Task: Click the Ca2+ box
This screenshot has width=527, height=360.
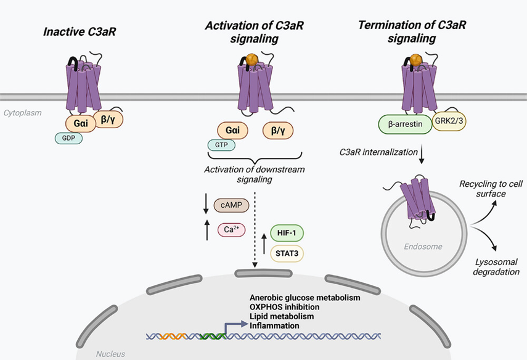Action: tap(231, 229)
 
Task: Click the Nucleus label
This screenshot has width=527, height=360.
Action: tap(110, 354)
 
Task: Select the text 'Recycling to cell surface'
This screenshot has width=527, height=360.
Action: tap(492, 189)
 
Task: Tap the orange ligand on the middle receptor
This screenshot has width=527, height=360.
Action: tap(251, 60)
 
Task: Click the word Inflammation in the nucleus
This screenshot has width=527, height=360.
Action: tap(274, 325)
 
